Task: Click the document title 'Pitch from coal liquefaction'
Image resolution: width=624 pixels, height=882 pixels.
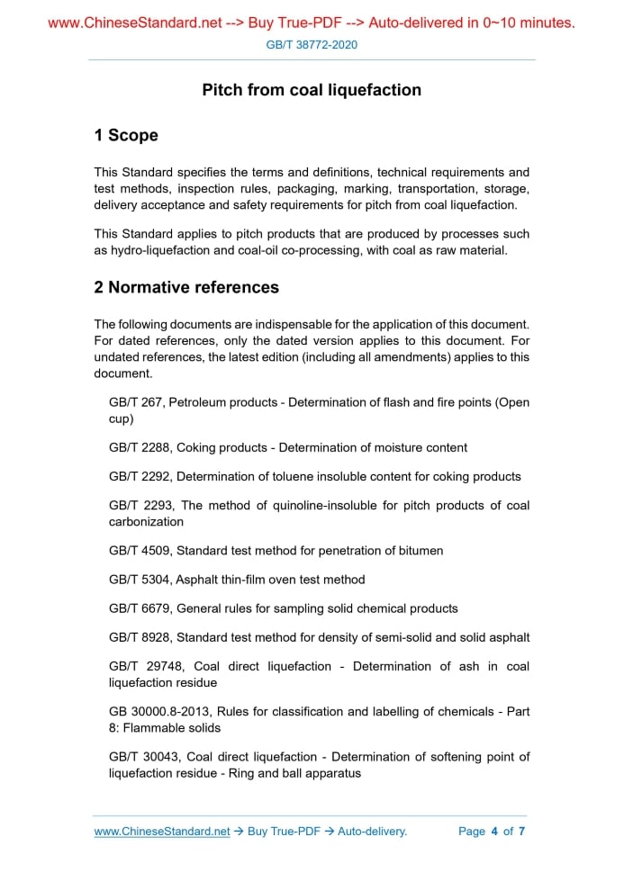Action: point(312,90)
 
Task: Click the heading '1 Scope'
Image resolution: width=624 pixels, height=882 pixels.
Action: point(126,136)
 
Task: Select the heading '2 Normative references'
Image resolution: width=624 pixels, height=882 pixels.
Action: point(186,288)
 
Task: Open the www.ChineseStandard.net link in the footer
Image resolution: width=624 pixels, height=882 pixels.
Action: point(162,832)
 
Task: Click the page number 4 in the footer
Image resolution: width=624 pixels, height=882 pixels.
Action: point(494,832)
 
